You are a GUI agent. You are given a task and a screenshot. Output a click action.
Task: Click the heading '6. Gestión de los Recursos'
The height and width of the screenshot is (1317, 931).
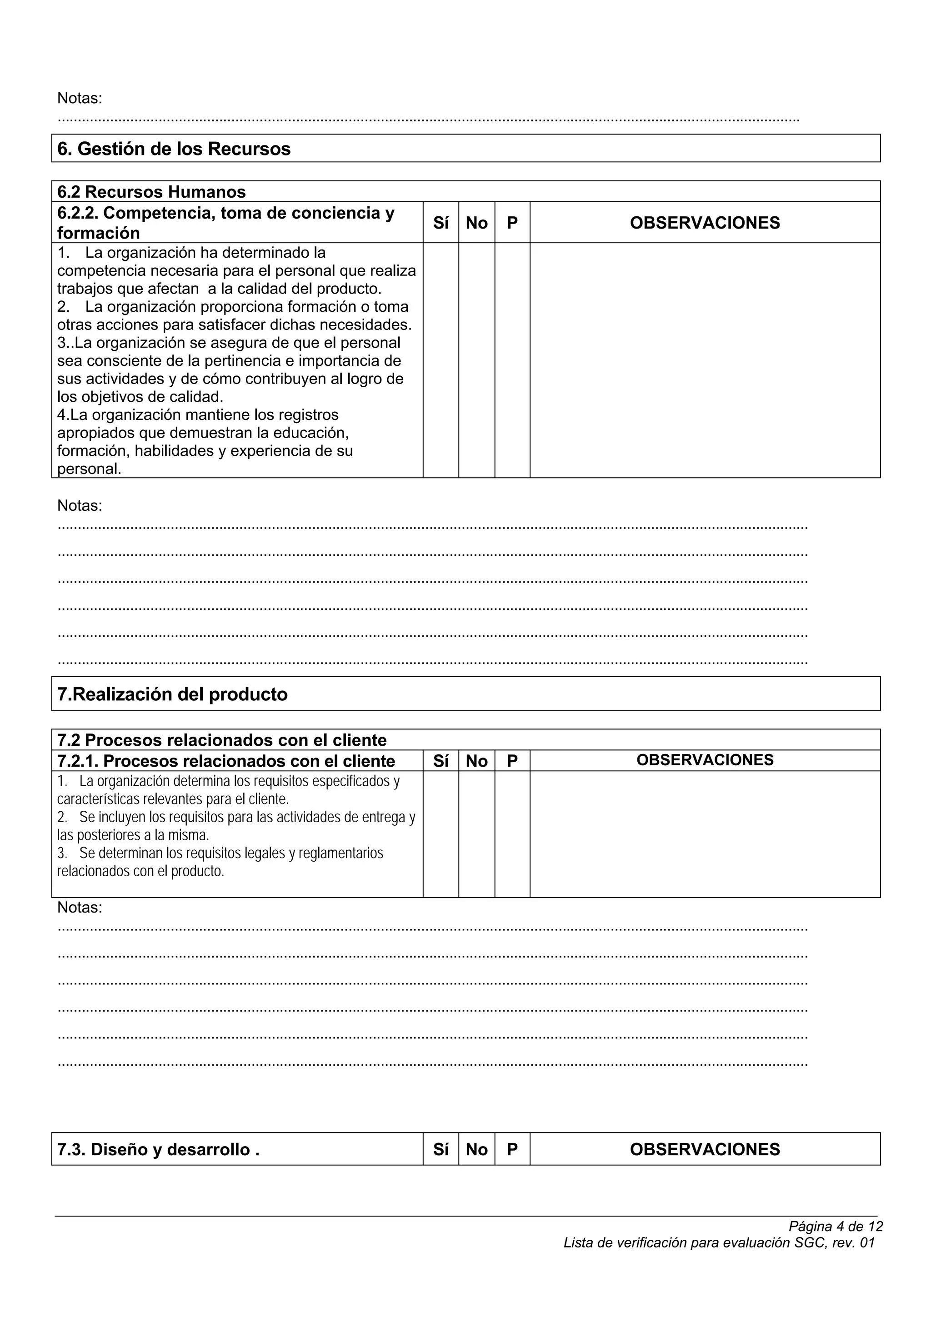pyautogui.click(x=174, y=149)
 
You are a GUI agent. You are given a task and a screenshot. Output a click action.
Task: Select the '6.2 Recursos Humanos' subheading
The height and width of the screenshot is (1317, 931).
pyautogui.click(x=151, y=192)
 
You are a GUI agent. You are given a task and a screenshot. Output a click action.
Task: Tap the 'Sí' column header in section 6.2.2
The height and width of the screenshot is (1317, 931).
pyautogui.click(x=440, y=223)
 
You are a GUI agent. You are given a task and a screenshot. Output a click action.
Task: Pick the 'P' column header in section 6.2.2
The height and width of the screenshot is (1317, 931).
pyautogui.click(x=512, y=223)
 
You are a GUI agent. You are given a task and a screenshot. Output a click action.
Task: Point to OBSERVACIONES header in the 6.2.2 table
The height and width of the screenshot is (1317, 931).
pyautogui.click(x=705, y=223)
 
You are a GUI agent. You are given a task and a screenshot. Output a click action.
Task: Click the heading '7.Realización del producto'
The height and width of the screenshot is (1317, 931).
pyautogui.click(x=173, y=694)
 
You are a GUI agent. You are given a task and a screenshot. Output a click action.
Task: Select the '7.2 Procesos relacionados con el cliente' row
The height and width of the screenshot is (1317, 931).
pyautogui.click(x=222, y=740)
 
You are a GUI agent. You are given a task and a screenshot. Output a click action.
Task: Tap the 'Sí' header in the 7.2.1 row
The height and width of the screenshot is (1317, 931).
pyautogui.click(x=440, y=761)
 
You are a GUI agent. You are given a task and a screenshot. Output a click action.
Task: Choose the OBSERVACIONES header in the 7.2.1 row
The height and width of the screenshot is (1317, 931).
pyautogui.click(x=705, y=760)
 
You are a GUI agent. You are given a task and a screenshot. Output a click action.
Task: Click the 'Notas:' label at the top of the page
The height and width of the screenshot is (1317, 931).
pyautogui.click(x=80, y=98)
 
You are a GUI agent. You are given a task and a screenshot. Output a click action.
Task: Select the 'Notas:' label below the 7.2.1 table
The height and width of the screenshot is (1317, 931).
pyautogui.click(x=80, y=908)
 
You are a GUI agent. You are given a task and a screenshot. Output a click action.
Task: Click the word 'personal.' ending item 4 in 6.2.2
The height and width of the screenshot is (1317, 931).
pyautogui.click(x=89, y=469)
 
